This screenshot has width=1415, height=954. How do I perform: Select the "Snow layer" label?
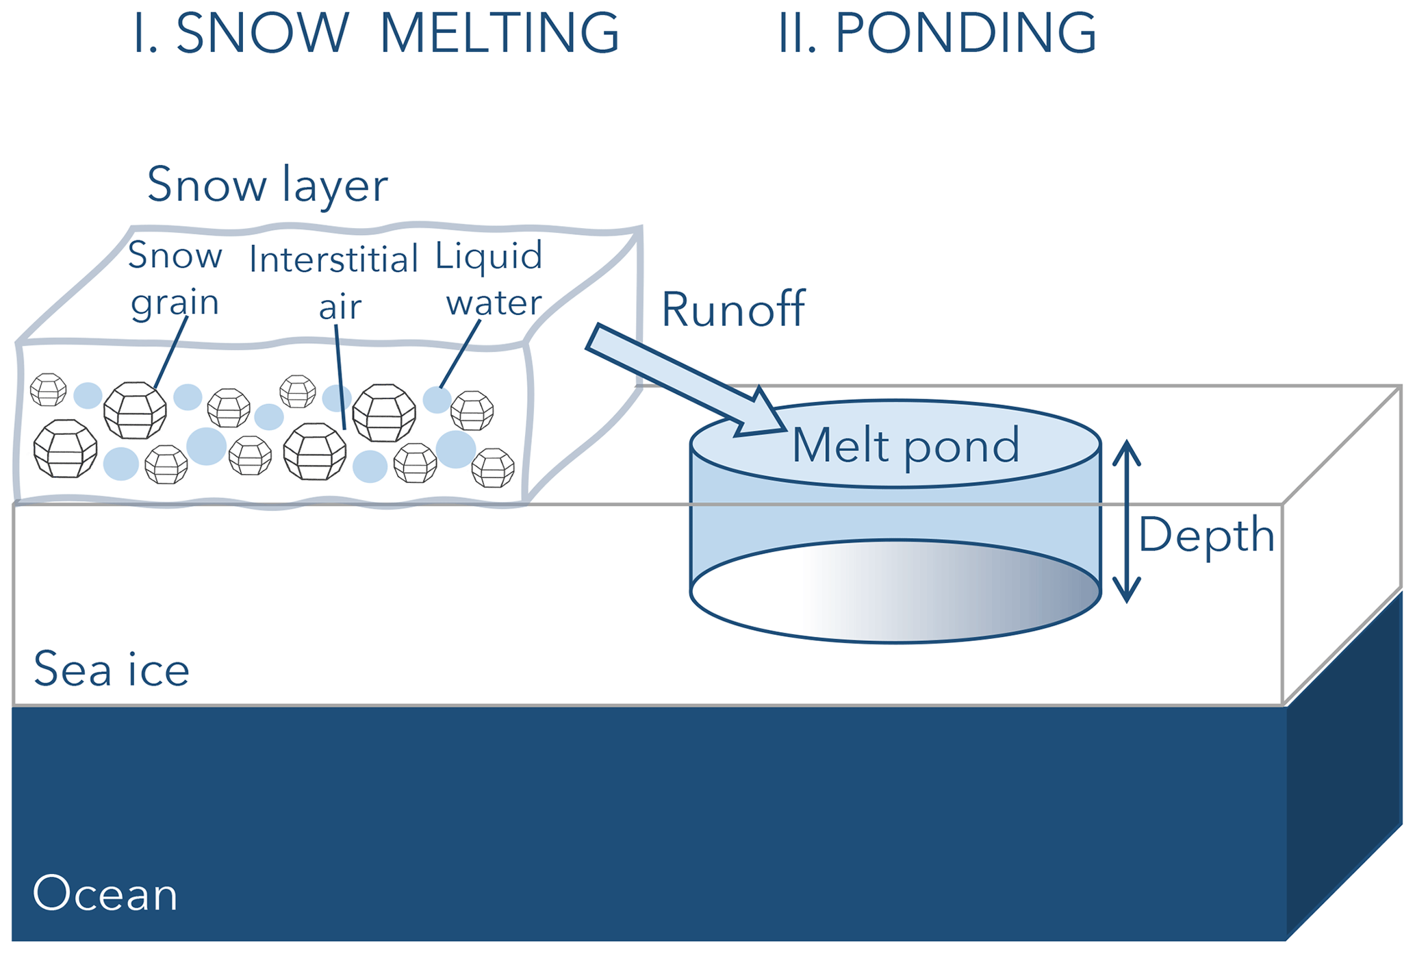point(267,185)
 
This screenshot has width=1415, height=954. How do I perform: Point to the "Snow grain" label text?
point(175,279)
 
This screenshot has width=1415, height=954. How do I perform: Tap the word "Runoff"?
point(733,310)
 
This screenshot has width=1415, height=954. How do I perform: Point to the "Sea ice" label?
point(112,669)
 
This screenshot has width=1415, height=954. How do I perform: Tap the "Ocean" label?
point(105,894)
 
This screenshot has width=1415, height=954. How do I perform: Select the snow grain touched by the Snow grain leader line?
point(135,410)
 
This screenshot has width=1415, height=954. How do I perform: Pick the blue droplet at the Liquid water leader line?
point(437,400)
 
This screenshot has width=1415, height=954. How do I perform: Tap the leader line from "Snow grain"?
point(171,352)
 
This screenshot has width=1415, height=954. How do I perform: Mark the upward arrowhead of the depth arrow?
point(1126,453)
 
